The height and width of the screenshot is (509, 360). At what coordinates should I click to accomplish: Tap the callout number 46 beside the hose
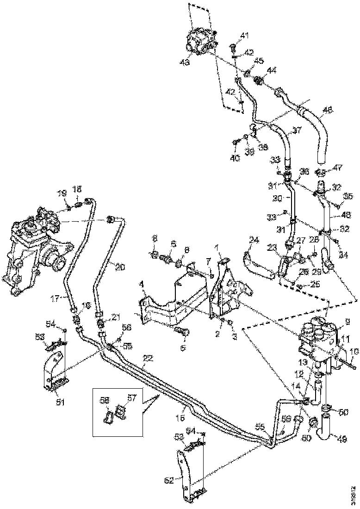tap(328, 111)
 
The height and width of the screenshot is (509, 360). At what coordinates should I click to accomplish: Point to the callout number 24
tap(254, 240)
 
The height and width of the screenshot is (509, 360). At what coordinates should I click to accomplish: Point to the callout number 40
tap(236, 158)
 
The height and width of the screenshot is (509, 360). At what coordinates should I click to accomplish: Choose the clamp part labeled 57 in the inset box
tap(121, 411)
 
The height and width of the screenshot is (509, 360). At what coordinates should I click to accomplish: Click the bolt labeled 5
tap(180, 331)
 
